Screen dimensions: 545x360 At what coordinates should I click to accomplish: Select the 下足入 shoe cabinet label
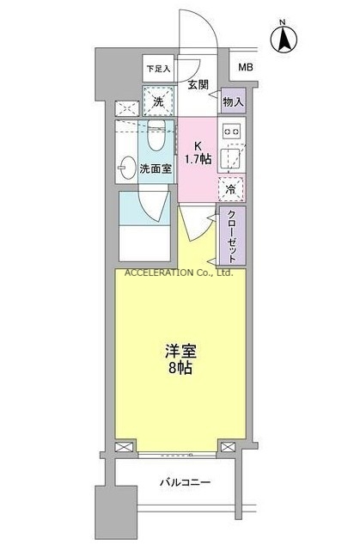click(157, 68)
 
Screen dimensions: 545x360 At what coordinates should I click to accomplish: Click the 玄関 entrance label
click(199, 84)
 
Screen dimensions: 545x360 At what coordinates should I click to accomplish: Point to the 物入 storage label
click(233, 101)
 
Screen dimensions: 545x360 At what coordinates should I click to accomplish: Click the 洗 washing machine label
click(157, 101)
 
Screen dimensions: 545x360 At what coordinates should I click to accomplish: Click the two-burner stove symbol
click(232, 132)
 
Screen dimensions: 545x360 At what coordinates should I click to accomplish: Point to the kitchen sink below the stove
click(230, 159)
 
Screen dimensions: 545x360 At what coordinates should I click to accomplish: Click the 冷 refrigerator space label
click(231, 188)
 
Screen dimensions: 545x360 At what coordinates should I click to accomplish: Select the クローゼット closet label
click(232, 235)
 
